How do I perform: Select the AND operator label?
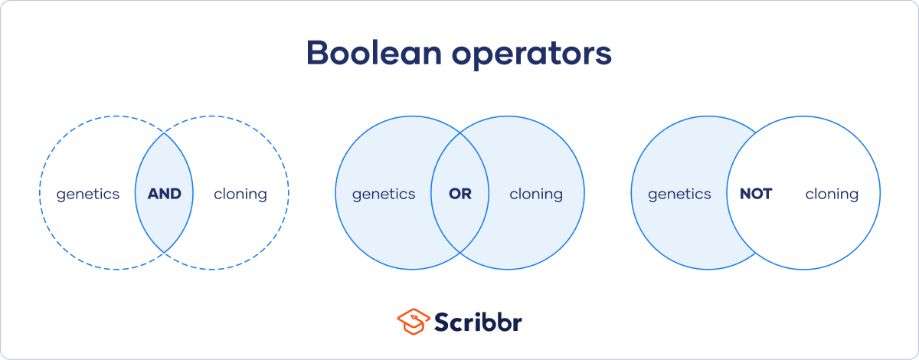164,194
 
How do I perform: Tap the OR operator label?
460,194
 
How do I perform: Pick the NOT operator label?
755,194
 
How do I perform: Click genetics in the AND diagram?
88,195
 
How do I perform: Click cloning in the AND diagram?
240,194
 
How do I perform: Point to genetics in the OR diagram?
384,195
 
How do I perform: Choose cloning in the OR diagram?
536,194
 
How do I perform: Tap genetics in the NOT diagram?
679,195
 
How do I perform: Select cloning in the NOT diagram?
832,194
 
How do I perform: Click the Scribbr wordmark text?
479,322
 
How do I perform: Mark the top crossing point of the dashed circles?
164,133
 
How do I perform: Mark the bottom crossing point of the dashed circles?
164,253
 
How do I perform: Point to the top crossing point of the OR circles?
460,133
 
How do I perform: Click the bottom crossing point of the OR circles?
460,253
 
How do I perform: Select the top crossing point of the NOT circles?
756,133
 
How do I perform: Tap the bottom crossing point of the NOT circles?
756,253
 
